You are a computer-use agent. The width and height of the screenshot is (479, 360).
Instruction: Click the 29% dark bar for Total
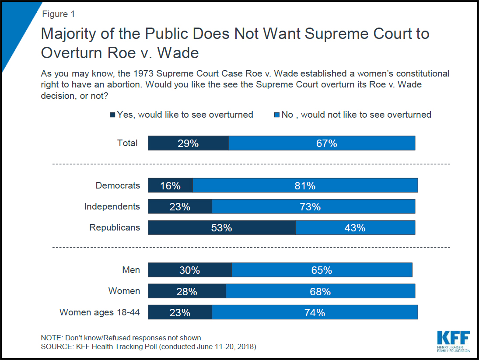(x=188, y=143)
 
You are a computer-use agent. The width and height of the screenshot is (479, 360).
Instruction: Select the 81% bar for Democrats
(x=305, y=185)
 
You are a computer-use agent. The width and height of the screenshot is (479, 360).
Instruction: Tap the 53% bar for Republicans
(x=222, y=227)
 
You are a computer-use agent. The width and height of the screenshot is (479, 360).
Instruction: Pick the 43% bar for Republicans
(x=355, y=227)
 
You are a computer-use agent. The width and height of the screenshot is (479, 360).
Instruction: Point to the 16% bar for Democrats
(x=170, y=185)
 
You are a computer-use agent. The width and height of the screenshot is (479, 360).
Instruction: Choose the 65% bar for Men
(x=322, y=270)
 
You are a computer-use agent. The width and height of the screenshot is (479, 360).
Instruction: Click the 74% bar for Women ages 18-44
(x=315, y=312)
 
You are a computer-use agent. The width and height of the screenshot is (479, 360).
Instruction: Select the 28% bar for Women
(x=187, y=291)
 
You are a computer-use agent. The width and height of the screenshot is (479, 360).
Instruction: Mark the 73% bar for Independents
(x=313, y=206)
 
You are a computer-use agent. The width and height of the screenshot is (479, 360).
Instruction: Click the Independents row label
(x=112, y=206)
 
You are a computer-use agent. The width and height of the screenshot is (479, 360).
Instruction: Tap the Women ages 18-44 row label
(x=100, y=312)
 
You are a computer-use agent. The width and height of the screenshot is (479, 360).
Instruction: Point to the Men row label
(x=131, y=270)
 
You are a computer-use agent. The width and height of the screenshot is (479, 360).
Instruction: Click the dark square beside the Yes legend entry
(x=112, y=115)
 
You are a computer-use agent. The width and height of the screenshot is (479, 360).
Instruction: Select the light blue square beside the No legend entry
(x=276, y=115)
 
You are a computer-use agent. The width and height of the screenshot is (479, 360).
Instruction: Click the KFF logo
(x=453, y=341)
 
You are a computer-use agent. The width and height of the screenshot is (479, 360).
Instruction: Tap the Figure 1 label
(x=58, y=14)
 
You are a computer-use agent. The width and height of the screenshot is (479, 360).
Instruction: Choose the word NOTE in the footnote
(x=51, y=338)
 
